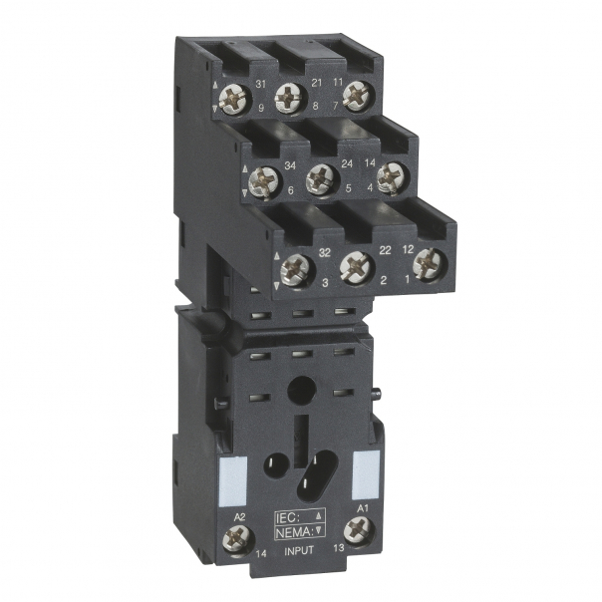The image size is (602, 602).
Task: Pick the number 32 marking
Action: [324, 253]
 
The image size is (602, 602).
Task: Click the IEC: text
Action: [290, 516]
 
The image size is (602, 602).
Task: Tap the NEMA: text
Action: [295, 531]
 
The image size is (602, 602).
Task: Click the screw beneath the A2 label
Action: [240, 538]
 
